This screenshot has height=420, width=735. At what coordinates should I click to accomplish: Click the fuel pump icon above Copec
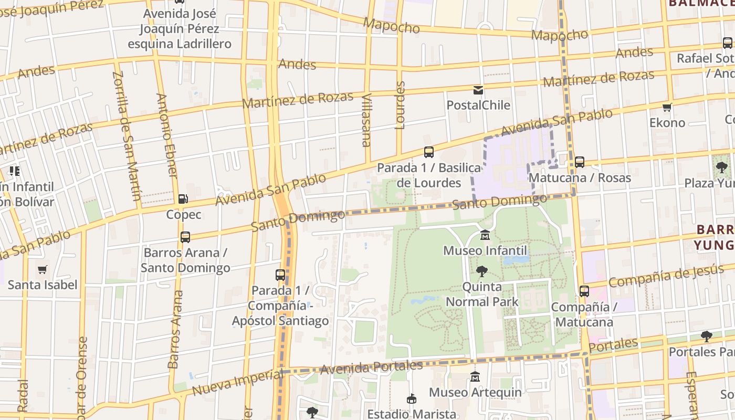point(183,199)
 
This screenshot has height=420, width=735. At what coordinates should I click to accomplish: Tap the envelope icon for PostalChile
point(478,90)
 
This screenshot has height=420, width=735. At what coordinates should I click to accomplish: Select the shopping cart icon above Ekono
point(667,108)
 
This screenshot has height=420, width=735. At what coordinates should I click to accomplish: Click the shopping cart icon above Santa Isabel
point(43,270)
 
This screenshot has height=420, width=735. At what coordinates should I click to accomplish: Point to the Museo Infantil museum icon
point(485,235)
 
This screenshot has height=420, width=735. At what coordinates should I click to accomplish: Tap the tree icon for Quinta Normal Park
point(481,271)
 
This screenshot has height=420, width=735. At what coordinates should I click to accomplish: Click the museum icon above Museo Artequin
point(475,376)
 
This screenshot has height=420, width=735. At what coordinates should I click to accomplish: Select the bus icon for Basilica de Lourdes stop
point(429,152)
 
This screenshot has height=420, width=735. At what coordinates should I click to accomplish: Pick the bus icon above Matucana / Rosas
point(579,162)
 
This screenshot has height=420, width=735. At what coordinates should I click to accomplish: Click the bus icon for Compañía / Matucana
point(584,291)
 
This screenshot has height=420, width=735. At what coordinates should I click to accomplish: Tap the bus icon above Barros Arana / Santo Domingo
point(185,237)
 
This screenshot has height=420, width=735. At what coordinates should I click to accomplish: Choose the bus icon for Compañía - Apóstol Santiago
point(280,275)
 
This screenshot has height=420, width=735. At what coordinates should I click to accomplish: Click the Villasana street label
point(366,120)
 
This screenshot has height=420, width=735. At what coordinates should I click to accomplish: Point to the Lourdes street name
point(400,105)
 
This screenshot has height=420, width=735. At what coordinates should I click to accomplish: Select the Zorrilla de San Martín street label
point(127,135)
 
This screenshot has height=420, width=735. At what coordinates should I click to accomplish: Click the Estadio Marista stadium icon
point(412,399)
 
